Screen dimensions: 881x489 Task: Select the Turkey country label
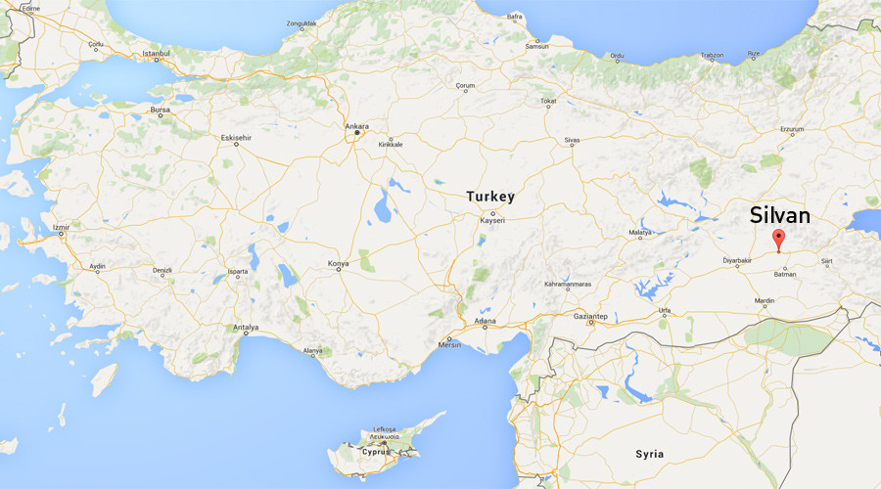coord(489,197)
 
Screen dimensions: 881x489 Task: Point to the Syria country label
coord(649,454)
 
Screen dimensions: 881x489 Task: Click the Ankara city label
coord(357,126)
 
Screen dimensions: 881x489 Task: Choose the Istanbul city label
coord(157,53)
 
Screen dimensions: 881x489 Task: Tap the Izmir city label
coord(62,228)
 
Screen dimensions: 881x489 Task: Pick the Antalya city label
coord(246,327)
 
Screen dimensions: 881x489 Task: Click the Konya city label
coord(338,263)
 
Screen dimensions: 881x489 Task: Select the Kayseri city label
coord(490,220)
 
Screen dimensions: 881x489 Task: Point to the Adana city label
coord(484,322)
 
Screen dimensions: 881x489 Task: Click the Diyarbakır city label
coord(737,261)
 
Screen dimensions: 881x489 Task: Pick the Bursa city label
coord(160,111)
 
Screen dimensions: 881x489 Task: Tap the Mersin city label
coord(449,344)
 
